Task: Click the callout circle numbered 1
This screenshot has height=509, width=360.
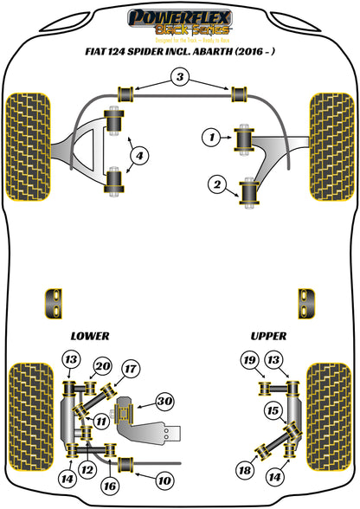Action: [209, 135]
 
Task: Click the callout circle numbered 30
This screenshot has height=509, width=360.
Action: [164, 400]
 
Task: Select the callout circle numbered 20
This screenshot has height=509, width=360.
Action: [102, 365]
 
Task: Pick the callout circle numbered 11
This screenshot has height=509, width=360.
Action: [101, 422]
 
